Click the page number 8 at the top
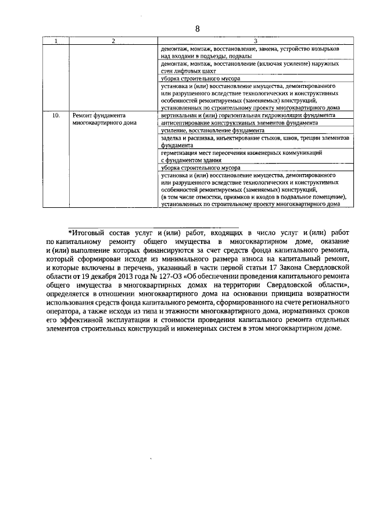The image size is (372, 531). click(197, 29)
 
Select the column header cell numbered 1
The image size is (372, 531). click(56, 41)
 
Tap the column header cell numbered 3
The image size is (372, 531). click(256, 41)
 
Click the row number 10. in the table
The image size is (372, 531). click(56, 116)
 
